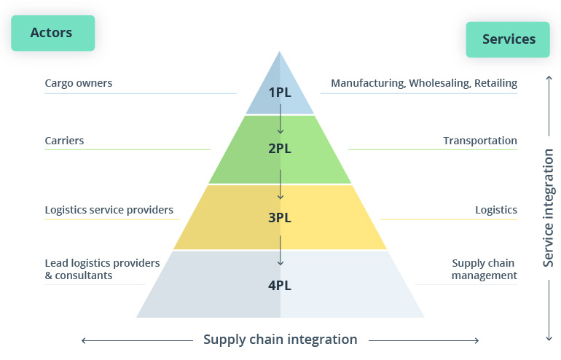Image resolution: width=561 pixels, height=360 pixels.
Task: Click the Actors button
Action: [x=52, y=33]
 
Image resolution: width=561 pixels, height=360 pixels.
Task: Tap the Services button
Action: [x=509, y=39]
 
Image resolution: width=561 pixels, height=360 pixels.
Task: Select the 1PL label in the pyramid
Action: [x=280, y=93]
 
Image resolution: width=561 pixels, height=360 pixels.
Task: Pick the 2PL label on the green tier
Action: [x=280, y=149]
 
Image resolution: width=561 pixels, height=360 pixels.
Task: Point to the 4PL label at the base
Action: [x=280, y=285]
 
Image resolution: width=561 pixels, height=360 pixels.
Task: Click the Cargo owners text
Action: [x=79, y=83]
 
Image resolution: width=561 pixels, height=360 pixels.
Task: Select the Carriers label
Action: [x=64, y=141]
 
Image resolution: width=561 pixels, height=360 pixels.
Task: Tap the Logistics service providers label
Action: [x=109, y=210]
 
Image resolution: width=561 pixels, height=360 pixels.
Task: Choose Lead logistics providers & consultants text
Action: [x=102, y=269]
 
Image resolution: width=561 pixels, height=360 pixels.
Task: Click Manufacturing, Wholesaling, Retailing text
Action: [x=424, y=83]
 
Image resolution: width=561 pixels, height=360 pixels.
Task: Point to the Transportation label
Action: [x=480, y=141]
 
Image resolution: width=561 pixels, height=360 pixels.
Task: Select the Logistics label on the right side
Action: [x=496, y=210]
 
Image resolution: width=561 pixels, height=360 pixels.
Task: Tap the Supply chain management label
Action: [x=484, y=269]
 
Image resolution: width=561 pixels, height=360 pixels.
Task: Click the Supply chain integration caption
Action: [x=280, y=340]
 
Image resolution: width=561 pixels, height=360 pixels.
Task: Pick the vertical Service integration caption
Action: [x=549, y=208]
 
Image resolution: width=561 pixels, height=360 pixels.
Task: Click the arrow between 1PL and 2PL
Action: [x=280, y=120]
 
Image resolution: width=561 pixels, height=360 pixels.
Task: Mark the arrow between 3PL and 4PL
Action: [x=280, y=251]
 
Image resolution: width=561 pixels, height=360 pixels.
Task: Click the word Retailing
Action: [x=495, y=83]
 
